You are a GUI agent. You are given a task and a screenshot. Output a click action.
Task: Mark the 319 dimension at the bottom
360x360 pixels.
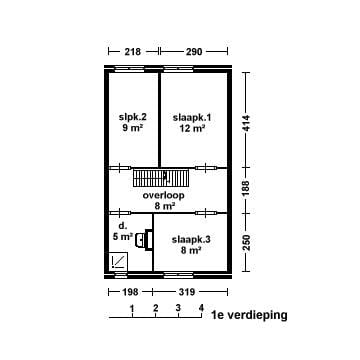tap(187, 292)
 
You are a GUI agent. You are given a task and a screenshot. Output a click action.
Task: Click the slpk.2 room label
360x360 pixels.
tap(133, 116)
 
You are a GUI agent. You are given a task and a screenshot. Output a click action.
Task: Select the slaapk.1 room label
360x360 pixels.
tap(188, 116)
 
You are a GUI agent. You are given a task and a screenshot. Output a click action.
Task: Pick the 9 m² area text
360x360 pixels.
tap(133, 129)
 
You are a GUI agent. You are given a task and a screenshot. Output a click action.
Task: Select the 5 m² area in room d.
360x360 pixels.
tap(122, 238)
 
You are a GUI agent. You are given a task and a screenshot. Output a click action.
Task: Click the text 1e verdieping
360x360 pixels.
tap(249, 314)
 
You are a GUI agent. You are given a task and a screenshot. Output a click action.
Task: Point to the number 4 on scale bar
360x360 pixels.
tap(201, 307)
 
